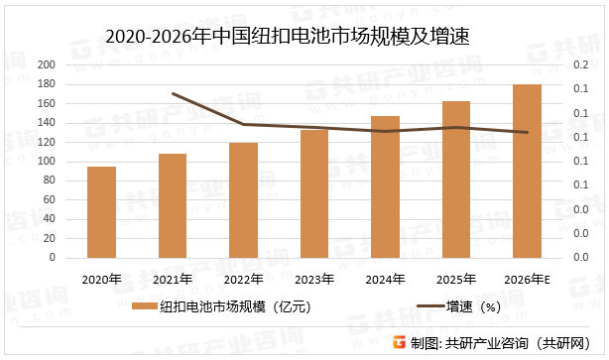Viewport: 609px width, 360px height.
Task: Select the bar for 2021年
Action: pos(173,205)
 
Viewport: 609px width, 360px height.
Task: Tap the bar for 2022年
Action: pos(244,199)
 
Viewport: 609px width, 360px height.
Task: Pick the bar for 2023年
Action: pos(314,193)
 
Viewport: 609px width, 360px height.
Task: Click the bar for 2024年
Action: pos(385,186)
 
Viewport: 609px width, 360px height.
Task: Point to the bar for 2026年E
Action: pos(528,171)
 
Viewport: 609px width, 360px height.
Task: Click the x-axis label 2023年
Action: pos(314,280)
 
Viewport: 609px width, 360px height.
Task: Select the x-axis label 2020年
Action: pos(101,280)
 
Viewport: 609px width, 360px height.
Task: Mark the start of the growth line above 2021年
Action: pos(173,93)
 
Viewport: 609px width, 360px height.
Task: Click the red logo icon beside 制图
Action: pos(399,343)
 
